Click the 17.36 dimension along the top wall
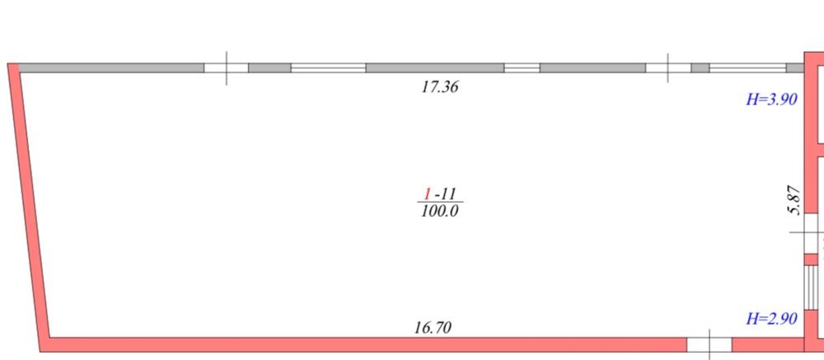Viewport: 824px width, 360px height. pos(440,86)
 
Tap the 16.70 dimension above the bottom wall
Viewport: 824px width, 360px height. pos(433,327)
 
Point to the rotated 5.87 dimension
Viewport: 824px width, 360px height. pos(794,200)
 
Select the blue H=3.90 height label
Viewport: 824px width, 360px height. pos(772,99)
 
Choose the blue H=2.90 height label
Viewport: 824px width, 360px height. pos(772,319)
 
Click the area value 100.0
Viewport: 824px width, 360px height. pos(440,211)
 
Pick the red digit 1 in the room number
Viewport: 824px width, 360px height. pos(428,194)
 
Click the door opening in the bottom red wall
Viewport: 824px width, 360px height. pos(709,344)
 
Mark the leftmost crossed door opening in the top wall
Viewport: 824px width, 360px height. pos(226,68)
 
